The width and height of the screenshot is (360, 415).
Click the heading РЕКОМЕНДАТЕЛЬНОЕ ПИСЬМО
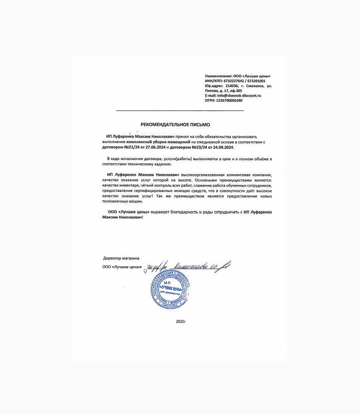pyautogui.click(x=175, y=124)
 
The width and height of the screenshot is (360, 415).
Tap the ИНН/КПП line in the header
pyautogui.click(x=235, y=81)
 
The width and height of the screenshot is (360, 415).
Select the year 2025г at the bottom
pyautogui.click(x=181, y=321)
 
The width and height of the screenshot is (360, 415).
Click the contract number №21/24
pyautogui.click(x=128, y=147)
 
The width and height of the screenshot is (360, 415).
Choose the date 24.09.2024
pyautogui.click(x=224, y=147)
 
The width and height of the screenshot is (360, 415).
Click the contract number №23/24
pyautogui.click(x=196, y=147)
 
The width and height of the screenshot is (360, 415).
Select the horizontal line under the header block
pyautogui.click(x=180, y=111)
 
